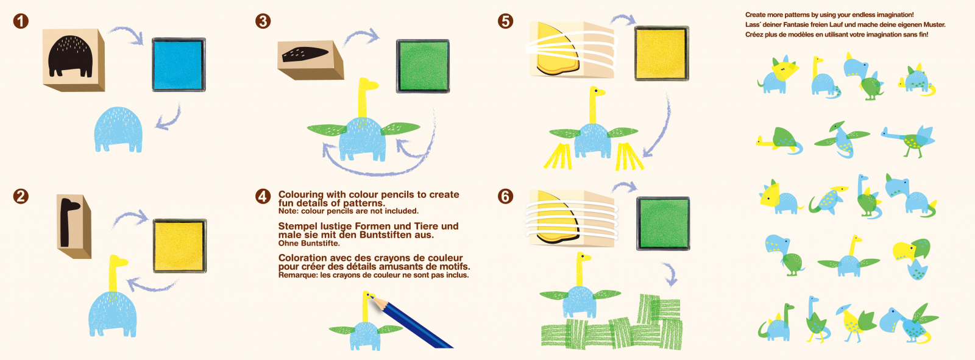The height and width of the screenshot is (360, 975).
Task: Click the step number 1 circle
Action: pyautogui.click(x=21, y=21)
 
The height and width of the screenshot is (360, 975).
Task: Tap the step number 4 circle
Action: pyautogui.click(x=263, y=196)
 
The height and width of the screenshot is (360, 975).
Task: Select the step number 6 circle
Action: pyautogui.click(x=505, y=196)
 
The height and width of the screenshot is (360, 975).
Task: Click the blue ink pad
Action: pyautogui.click(x=179, y=65)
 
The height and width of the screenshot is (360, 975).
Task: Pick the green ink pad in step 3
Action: pyautogui.click(x=423, y=66)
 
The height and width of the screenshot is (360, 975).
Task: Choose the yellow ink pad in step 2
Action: pyautogui.click(x=179, y=246)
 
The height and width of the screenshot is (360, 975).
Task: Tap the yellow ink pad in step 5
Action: pyautogui.click(x=662, y=54)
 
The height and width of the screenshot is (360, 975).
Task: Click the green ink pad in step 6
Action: pyautogui.click(x=663, y=224)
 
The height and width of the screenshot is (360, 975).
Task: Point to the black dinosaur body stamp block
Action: pyautogui.click(x=74, y=60)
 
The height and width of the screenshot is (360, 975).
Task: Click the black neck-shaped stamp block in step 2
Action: pyautogui.click(x=74, y=227)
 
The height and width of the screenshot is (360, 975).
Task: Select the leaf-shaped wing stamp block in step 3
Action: pyautogui.click(x=311, y=60)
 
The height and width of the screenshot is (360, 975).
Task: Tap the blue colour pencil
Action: pyautogui.click(x=411, y=322)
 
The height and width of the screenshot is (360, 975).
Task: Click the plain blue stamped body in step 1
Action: pyautogui.click(x=118, y=129)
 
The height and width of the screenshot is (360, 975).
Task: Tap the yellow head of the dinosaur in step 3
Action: pyautogui.click(x=368, y=83)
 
